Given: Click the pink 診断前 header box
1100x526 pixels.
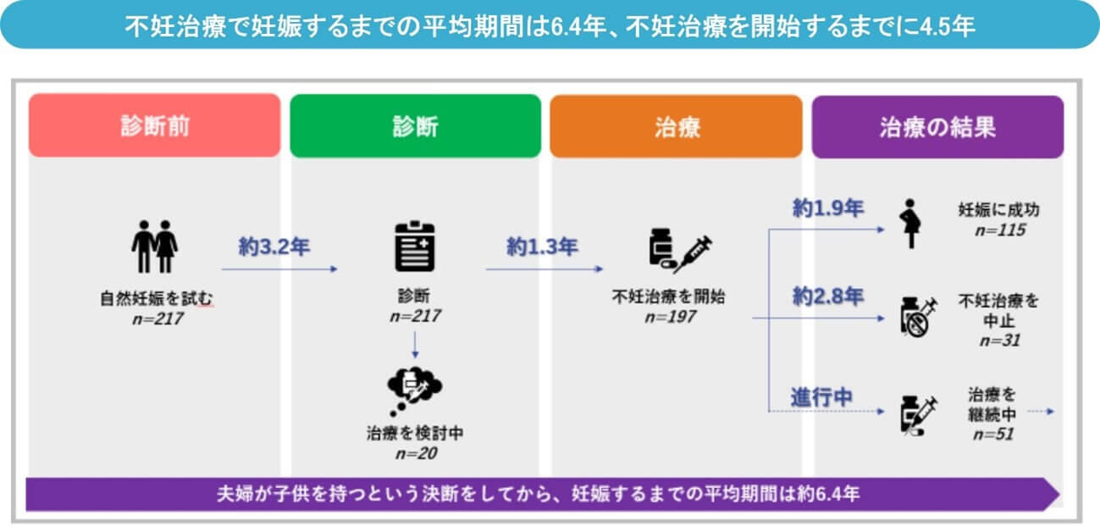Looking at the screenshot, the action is coord(155,125).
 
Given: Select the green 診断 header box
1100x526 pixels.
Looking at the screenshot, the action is coord(416,125).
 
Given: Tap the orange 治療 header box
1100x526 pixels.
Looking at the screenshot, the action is coord(677,126).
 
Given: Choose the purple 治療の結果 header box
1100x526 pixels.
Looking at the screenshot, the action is coord(937,127).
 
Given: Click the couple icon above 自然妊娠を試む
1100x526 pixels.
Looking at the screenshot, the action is coord(154,246).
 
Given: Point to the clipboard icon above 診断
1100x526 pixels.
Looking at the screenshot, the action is coord(415,246).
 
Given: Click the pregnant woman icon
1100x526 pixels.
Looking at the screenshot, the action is coord(910,224).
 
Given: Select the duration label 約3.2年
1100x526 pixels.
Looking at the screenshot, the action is coord(274,246).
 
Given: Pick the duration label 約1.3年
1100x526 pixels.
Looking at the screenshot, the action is coord(542,246).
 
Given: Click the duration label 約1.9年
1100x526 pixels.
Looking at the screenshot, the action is coord(828,208).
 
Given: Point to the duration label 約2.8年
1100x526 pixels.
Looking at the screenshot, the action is coord(828,296).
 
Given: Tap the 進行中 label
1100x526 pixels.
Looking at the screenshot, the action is coord(821,397).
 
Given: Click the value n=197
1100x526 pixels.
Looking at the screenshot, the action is coord(671,317).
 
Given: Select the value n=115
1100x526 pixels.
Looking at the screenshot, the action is coord(1000,230).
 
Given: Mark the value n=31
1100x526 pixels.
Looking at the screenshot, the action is coord(1000,340).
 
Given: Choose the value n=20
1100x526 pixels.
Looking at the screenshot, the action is coord(417,453).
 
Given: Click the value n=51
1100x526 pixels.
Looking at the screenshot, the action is coord(993,434).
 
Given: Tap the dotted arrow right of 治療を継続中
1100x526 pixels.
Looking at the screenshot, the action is coord(1041,412).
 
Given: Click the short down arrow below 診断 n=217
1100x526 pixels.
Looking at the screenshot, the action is coord(416,345).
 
